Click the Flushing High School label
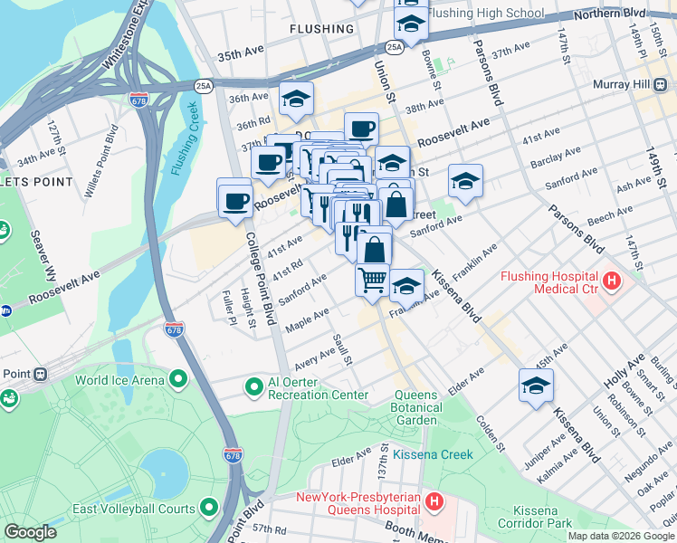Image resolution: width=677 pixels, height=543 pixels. pyautogui.click(x=485, y=14)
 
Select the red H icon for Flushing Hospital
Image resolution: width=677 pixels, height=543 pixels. pyautogui.click(x=613, y=281)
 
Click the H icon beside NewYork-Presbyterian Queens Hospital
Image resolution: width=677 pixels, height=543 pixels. pyautogui.click(x=434, y=500)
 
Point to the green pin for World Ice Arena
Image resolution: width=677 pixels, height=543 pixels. pyautogui.click(x=178, y=380)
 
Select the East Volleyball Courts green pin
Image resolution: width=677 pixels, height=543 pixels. pyautogui.click(x=210, y=509)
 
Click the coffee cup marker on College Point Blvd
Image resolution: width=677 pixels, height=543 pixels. pyautogui.click(x=235, y=200)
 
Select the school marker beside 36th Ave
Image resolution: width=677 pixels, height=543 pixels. pyautogui.click(x=296, y=100)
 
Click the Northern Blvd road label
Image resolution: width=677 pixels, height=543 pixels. pyautogui.click(x=639, y=14)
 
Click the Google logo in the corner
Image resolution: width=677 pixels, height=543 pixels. pyautogui.click(x=31, y=532)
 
